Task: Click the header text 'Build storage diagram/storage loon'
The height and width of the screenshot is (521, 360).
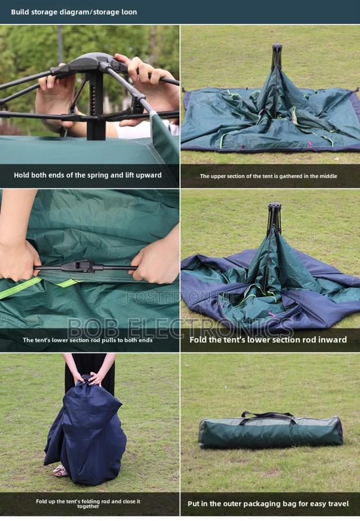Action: (x=74, y=12)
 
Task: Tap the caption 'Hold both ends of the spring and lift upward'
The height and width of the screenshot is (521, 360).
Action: (x=88, y=175)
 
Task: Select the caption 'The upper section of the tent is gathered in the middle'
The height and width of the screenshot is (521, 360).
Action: (x=268, y=176)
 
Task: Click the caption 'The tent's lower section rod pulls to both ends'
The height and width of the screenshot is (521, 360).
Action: (x=88, y=340)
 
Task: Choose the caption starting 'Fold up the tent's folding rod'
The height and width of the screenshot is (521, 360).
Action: (x=88, y=503)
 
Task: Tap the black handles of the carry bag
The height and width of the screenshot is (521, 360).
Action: (x=267, y=415)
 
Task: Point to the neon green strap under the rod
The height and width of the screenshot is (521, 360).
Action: (x=23, y=288)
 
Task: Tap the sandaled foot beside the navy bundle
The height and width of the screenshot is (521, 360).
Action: (x=60, y=471)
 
